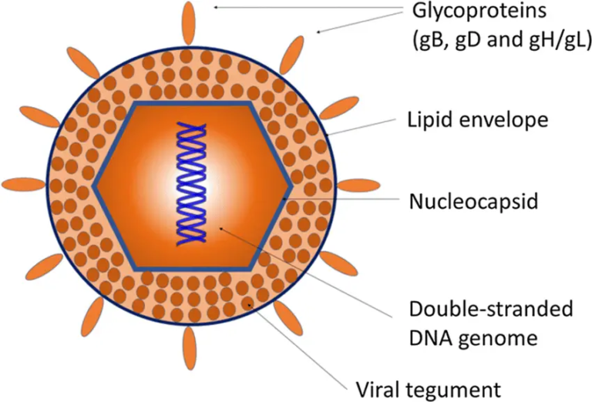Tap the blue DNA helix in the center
tap(193, 186)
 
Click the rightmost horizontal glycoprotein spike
tap(358, 185)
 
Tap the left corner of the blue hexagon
tap(95, 186)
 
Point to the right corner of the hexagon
tap(290, 186)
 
